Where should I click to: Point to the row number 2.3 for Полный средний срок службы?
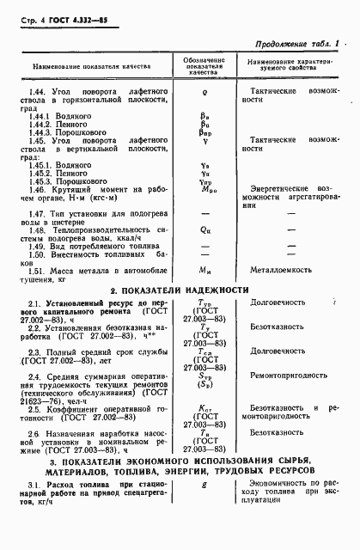[34, 352]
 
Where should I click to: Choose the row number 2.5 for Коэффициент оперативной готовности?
[34, 409]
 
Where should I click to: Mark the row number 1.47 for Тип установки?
[37, 212]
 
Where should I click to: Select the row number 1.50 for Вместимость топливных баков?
[37, 254]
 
